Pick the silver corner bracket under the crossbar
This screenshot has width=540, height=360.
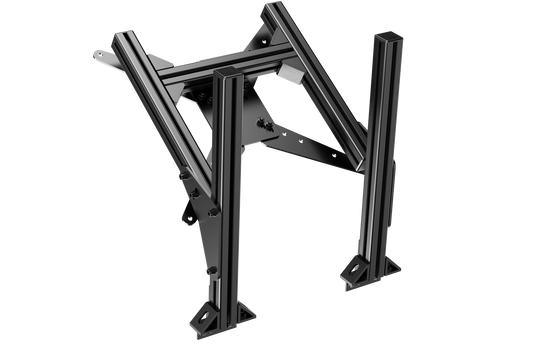(x=289, y=75)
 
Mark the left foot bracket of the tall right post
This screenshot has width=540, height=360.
(x=358, y=268)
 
